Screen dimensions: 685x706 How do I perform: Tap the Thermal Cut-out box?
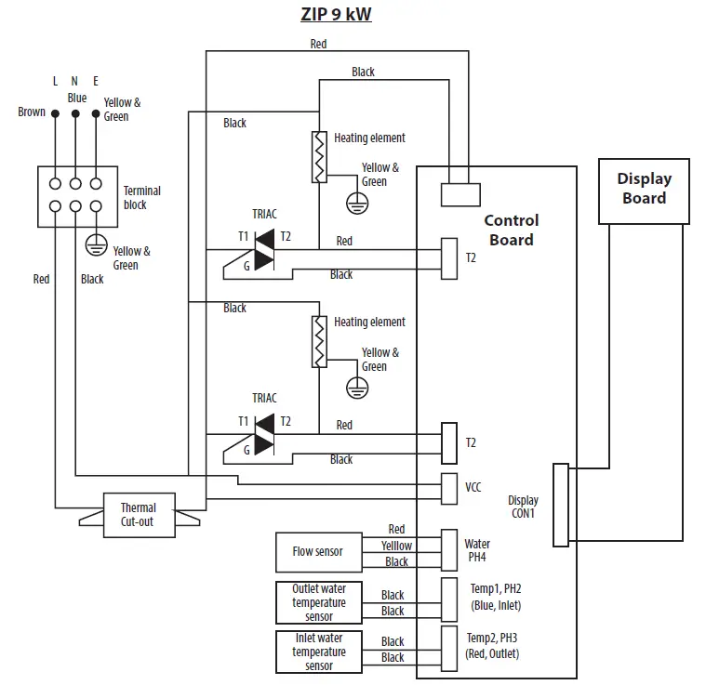(x=138, y=514)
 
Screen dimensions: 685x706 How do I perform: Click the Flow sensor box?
(x=317, y=552)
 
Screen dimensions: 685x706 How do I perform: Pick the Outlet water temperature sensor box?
(x=318, y=602)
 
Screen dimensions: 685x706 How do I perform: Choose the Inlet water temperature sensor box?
(x=318, y=652)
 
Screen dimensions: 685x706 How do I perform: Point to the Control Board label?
(x=511, y=230)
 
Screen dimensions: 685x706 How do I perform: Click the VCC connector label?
(x=473, y=486)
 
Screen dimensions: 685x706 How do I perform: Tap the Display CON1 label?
(x=522, y=507)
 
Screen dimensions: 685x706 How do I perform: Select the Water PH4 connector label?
(x=477, y=550)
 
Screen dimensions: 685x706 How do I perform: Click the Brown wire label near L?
(x=32, y=112)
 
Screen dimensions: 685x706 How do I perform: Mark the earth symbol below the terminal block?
(x=94, y=244)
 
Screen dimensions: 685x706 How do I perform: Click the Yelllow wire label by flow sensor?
(x=396, y=546)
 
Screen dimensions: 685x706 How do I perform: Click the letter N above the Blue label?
(x=74, y=82)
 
